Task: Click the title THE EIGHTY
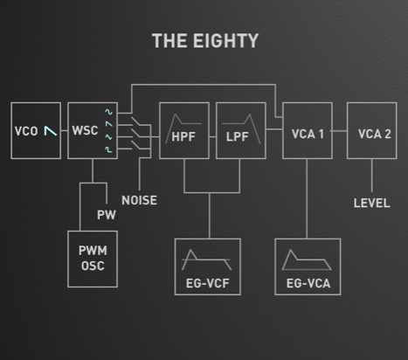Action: [x=204, y=41]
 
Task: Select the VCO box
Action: [x=36, y=130]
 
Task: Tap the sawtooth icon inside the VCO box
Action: [x=51, y=131]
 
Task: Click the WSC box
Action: [x=93, y=130]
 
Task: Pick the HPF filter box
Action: [x=183, y=130]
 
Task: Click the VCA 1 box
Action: [x=308, y=130]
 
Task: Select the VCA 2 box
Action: [x=371, y=130]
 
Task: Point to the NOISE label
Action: [x=140, y=200]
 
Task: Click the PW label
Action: [x=105, y=216]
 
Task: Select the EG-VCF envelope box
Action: [x=207, y=267]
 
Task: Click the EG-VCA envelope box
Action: [x=308, y=267]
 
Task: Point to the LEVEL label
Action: [x=371, y=204]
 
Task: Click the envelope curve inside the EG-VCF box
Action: [x=207, y=258]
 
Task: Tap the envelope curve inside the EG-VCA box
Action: [x=308, y=258]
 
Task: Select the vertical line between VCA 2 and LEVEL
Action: [x=371, y=175]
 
